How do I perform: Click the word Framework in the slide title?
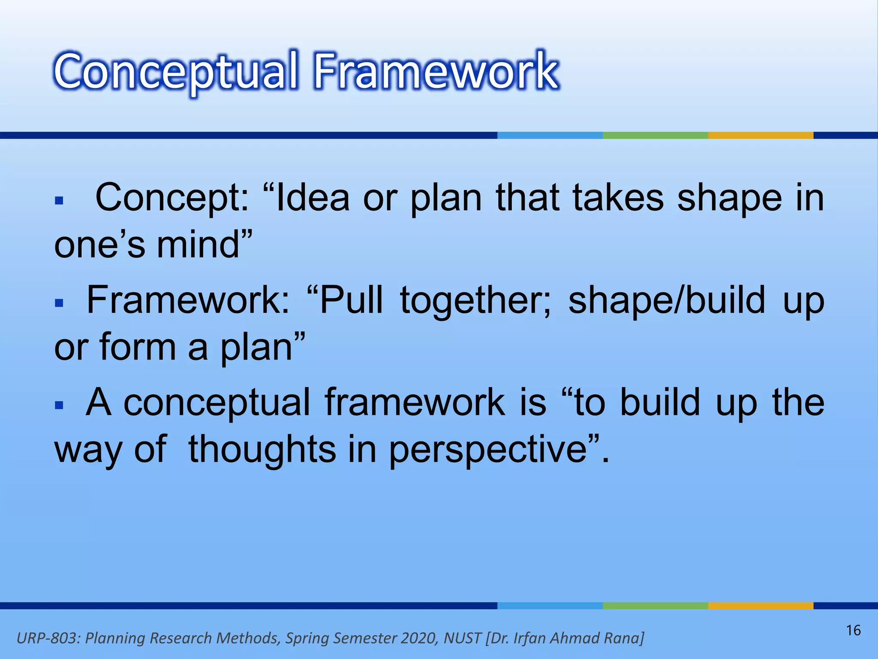tap(436, 71)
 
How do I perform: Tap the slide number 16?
tap(853, 630)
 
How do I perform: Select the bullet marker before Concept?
tap(59, 200)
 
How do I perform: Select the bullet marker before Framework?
tap(59, 303)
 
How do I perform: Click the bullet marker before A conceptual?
tap(59, 405)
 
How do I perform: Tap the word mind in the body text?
tap(198, 245)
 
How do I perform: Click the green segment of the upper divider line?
tap(655, 136)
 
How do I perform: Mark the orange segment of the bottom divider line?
tap(760, 606)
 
